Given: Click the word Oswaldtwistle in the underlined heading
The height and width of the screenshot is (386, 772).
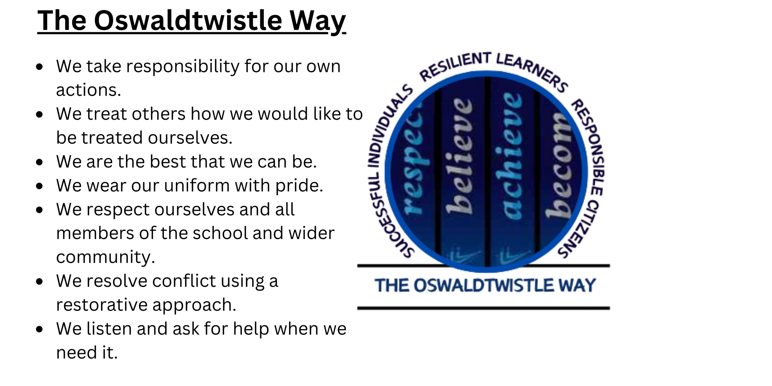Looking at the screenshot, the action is tap(188, 20).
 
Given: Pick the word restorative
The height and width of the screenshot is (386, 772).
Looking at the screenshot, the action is tap(101, 305).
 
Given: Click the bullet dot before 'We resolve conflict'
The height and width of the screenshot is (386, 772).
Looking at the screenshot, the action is tap(40, 282).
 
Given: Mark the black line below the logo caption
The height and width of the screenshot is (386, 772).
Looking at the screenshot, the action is tap(484, 308).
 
